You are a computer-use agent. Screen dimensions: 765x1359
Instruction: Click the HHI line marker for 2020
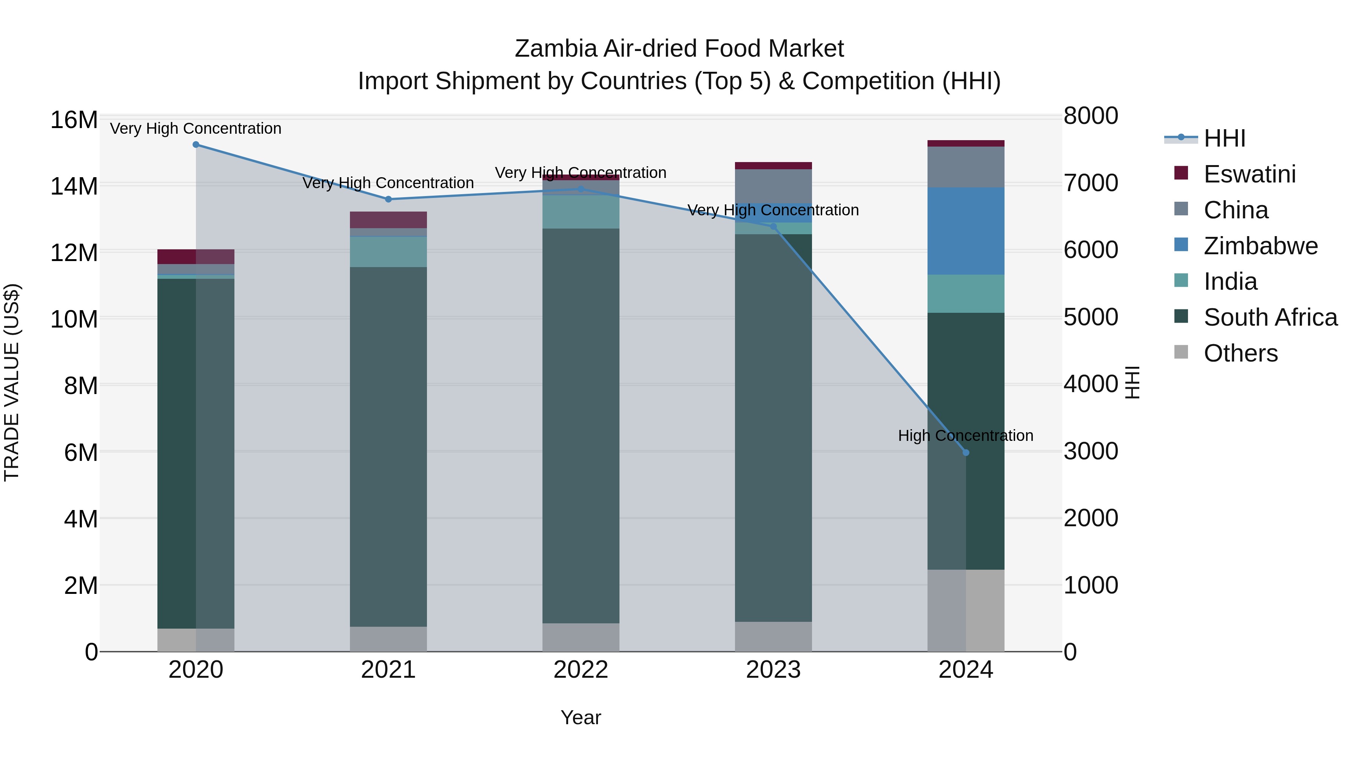click(x=196, y=145)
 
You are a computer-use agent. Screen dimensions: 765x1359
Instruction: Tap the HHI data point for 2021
click(x=388, y=199)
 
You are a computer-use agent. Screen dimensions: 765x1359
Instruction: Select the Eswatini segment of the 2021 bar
click(x=388, y=219)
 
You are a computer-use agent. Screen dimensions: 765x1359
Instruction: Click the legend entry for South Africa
click(x=1270, y=317)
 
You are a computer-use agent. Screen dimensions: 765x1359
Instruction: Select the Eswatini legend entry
click(x=1249, y=174)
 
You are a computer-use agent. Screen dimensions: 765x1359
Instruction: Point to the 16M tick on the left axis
click(x=74, y=120)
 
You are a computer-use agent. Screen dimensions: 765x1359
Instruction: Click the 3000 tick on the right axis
click(x=1091, y=451)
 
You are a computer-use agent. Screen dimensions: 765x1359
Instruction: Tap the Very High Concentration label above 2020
click(x=196, y=128)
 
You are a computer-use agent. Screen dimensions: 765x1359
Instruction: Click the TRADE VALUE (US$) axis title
click(x=12, y=382)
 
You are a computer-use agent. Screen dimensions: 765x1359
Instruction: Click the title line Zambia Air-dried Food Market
click(x=679, y=49)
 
